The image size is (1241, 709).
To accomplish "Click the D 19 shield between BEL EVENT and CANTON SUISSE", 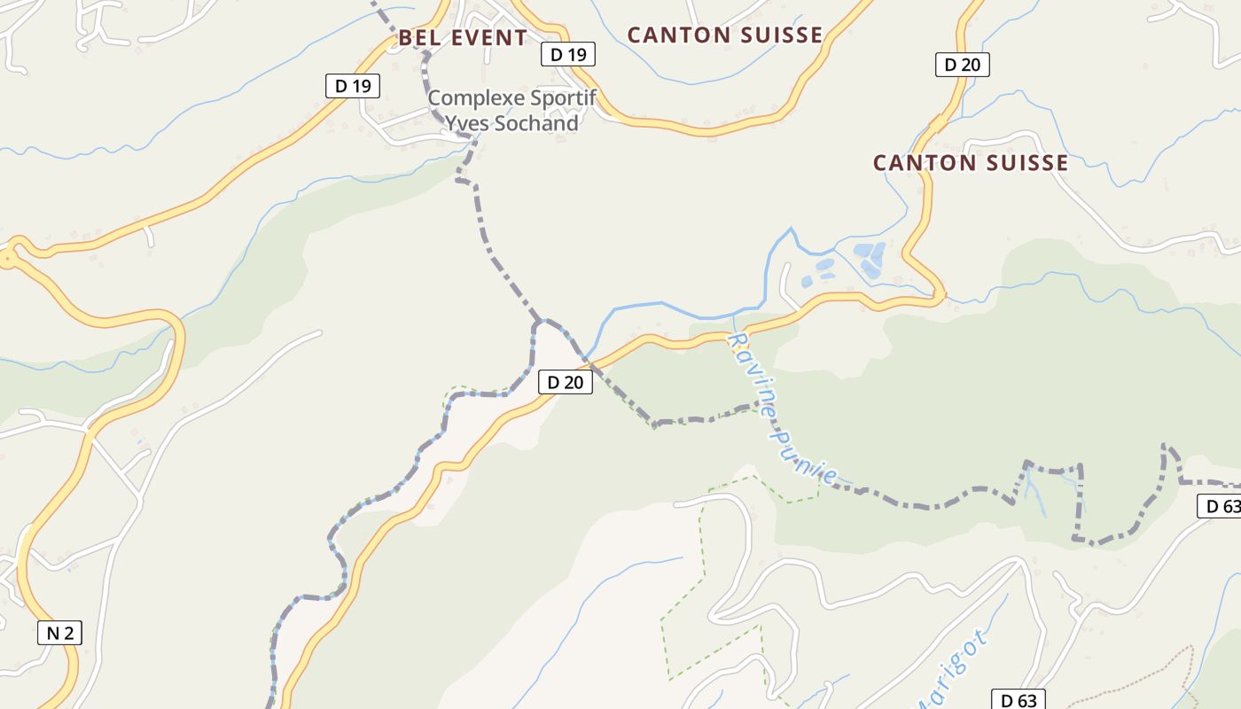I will coord(567,55).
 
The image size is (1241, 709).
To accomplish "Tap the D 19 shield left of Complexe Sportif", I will coord(352,86).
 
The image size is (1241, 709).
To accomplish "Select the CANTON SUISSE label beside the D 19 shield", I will coord(725,35).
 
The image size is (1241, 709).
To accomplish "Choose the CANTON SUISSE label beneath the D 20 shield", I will coord(971,163).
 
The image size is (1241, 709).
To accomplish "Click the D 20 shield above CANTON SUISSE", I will coord(962,65).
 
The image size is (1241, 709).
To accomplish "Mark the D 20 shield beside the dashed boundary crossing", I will coord(565,383).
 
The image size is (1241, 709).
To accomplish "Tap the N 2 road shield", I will coord(59,633).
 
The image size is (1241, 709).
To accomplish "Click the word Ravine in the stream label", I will coord(748,366).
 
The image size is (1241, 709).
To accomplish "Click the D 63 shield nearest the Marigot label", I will coord(1018,700).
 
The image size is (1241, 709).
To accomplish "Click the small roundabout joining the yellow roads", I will coord(8,258).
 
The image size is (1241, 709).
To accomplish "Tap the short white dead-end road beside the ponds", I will coord(784,285).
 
